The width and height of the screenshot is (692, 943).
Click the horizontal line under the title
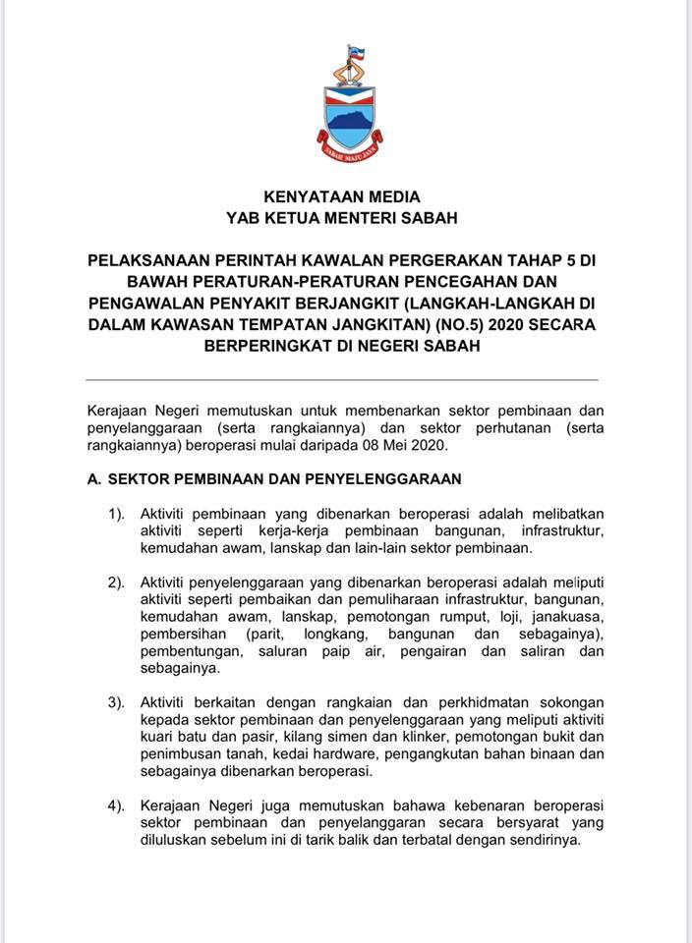[342, 379]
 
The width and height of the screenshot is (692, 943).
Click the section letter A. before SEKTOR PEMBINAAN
[93, 478]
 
